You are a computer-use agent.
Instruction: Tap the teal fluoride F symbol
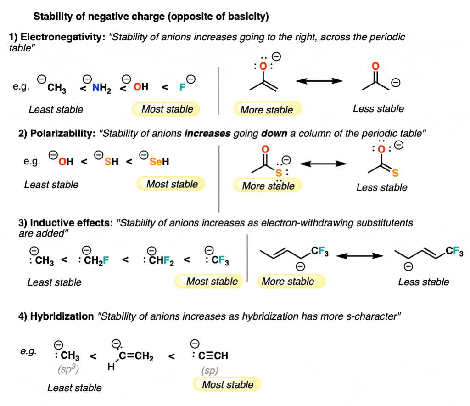click(182, 87)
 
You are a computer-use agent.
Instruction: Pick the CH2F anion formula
click(95, 261)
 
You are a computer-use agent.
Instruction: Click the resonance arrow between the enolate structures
click(319, 81)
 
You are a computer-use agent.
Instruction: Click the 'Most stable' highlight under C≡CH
click(227, 384)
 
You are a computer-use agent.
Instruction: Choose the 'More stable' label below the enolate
click(267, 110)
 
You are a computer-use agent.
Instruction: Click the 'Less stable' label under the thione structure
click(381, 187)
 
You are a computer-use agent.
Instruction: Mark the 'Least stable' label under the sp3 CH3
click(74, 388)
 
